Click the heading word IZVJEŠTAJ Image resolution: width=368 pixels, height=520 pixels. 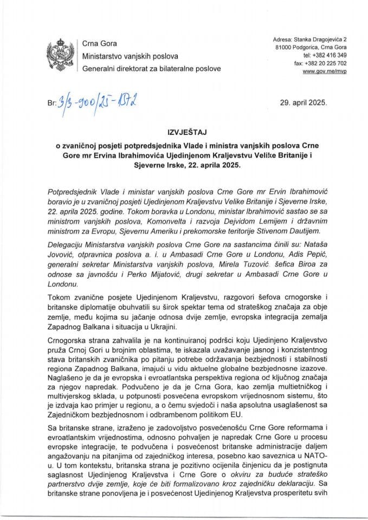(x=184, y=131)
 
